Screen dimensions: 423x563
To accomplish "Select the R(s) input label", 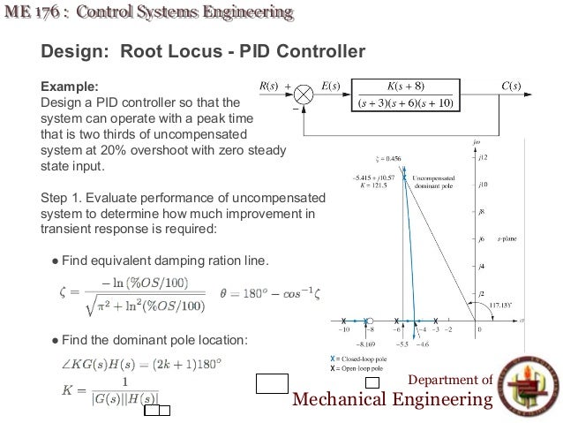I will click(x=267, y=86).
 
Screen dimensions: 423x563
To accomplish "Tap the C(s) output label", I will click(x=510, y=86).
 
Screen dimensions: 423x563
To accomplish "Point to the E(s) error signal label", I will click(x=332, y=86).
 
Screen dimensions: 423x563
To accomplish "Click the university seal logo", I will click(x=529, y=386).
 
